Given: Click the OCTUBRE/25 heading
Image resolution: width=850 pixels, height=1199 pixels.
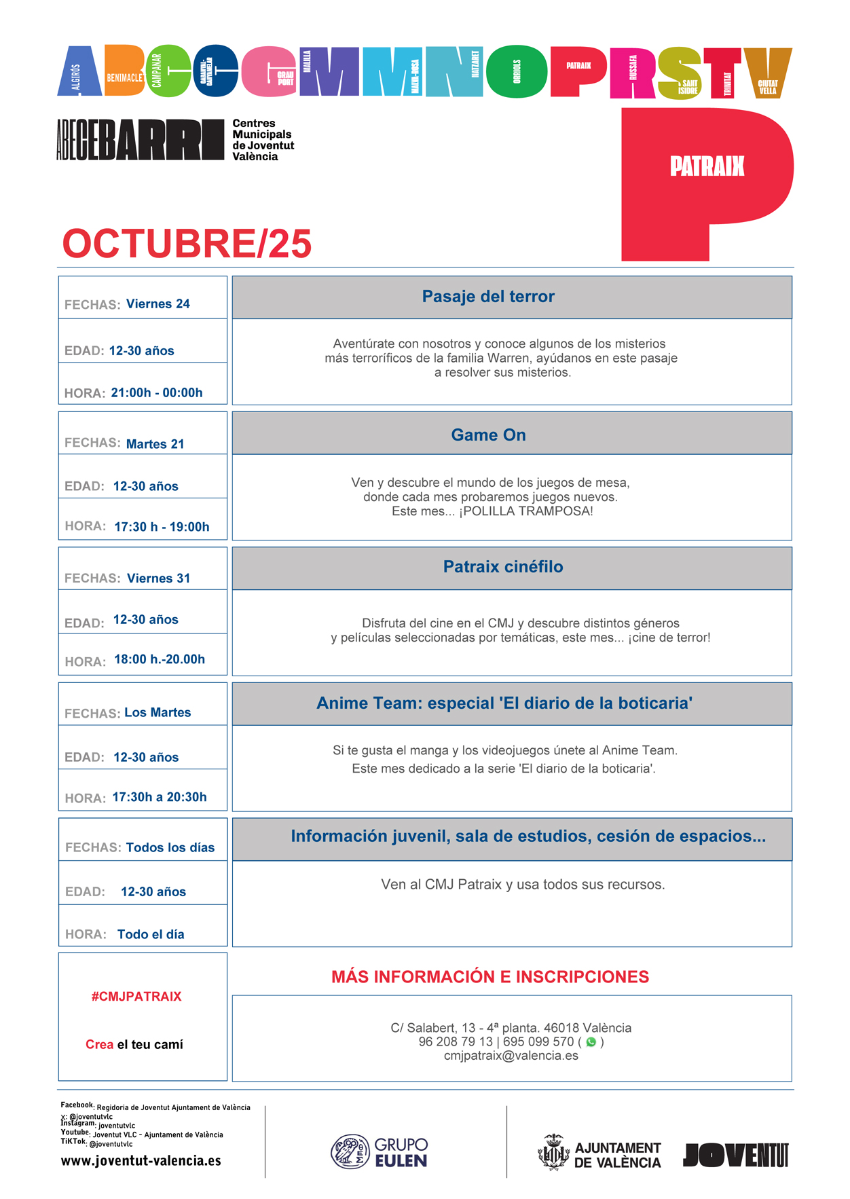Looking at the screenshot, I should (187, 244).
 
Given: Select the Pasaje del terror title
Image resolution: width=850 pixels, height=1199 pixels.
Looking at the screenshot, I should (488, 297).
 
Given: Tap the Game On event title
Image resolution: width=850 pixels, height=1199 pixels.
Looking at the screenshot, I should (488, 435).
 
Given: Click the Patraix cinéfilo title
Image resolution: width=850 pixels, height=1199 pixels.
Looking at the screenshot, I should (503, 567).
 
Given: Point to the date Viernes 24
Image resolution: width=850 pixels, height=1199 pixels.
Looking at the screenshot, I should (158, 304).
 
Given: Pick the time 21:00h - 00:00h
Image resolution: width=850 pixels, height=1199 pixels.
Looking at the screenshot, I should (157, 393).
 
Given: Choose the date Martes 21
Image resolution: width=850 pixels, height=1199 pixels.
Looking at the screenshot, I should (155, 444).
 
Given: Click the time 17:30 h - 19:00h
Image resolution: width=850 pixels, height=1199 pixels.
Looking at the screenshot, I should (162, 527).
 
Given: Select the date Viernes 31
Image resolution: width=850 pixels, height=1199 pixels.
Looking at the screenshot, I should (159, 578).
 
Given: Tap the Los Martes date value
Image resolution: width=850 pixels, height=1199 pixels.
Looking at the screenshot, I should (158, 713).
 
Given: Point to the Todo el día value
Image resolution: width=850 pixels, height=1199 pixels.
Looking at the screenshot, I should (151, 935).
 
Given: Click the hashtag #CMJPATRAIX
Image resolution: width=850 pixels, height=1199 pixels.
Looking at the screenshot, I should (136, 997).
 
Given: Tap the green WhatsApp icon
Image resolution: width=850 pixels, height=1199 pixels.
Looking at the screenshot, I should (591, 1042).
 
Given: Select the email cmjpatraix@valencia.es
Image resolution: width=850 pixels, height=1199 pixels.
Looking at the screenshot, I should (511, 1056).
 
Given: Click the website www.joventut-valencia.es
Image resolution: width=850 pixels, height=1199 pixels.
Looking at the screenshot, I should (141, 1161).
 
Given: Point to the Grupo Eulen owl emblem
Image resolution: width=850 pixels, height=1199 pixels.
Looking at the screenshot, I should (350, 1151).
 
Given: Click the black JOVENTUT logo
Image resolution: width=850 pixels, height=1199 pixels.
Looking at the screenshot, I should (736, 1155).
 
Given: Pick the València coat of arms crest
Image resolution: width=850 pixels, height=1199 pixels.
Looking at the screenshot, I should (553, 1153).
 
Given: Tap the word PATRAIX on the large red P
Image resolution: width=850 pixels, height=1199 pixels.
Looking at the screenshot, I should (707, 166).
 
